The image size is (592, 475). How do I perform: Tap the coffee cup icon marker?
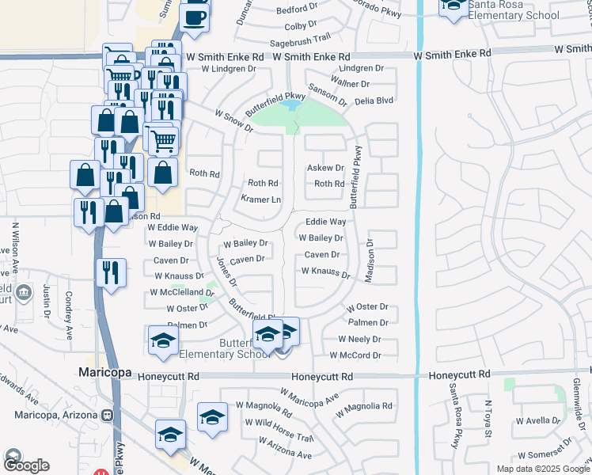coord(195,17)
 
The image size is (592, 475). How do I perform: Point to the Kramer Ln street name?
coord(260,199)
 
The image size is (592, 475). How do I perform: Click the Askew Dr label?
coord(325,168)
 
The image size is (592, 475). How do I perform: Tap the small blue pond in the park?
coord(290,104)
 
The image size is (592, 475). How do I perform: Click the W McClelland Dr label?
coord(178,292)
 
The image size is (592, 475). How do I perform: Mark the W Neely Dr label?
coord(359,339)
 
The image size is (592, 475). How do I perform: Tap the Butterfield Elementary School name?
coord(222,348)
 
